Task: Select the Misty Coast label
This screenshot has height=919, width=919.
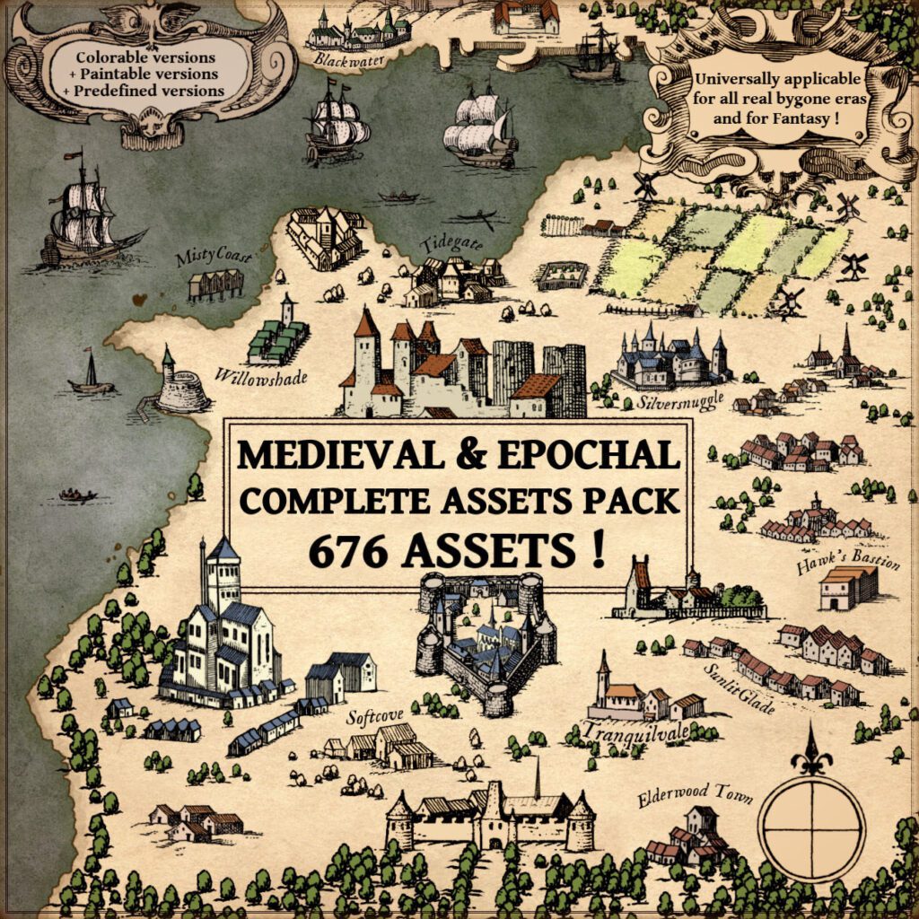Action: tap(212, 258)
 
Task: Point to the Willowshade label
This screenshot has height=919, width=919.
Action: tap(261, 376)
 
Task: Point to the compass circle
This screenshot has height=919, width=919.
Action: tap(810, 825)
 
